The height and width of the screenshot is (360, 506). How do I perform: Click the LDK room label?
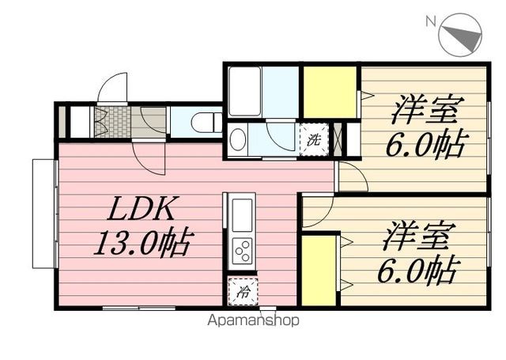[142, 208]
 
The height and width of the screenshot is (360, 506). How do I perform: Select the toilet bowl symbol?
[206, 122]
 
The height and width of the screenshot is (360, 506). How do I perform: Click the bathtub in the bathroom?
[244, 91]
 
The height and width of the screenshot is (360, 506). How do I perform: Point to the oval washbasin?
[238, 139]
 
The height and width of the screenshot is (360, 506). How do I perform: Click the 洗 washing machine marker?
[314, 140]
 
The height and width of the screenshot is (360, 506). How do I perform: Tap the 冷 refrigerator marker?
[243, 292]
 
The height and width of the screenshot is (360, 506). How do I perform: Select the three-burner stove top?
[243, 251]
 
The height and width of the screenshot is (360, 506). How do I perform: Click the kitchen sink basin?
[243, 215]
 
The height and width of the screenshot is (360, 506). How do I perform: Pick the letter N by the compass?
[431, 21]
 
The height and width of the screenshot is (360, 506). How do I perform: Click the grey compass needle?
[463, 36]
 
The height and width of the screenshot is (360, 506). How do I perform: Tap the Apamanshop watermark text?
[253, 320]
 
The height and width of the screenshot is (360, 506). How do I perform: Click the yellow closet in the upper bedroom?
[330, 93]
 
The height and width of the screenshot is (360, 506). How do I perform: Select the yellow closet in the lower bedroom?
[319, 271]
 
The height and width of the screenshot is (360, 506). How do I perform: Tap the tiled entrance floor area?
[112, 122]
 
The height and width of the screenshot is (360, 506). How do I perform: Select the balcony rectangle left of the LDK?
[44, 214]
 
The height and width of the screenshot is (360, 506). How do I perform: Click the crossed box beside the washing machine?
[338, 140]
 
